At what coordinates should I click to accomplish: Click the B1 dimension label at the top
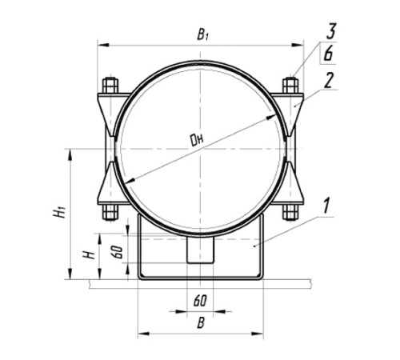pyautogui.click(x=202, y=34)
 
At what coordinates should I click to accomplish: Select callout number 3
pyautogui.click(x=330, y=31)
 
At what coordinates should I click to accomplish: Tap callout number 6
pyautogui.click(x=329, y=54)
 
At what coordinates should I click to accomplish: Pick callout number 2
pyautogui.click(x=329, y=80)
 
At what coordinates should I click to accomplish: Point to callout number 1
pyautogui.click(x=327, y=206)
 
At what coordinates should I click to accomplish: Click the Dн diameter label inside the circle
pyautogui.click(x=197, y=140)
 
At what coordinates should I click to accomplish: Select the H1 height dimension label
pyautogui.click(x=59, y=213)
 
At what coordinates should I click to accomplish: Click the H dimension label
pyautogui.click(x=89, y=254)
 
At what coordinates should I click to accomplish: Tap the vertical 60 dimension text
pyautogui.click(x=118, y=252)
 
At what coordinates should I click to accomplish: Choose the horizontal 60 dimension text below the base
pyautogui.click(x=200, y=301)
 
